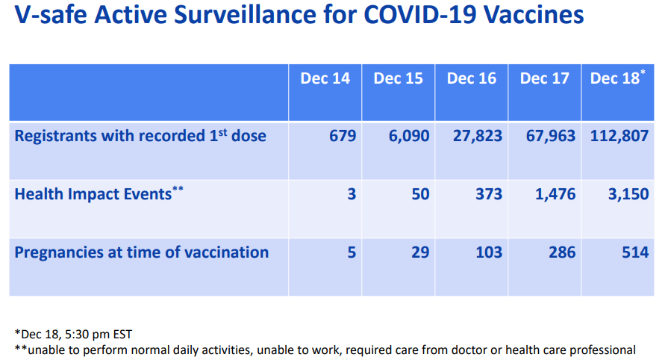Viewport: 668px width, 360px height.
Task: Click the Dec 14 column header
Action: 325,78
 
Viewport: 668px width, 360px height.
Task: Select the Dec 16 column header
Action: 471,78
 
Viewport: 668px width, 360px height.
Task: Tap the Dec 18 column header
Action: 615,78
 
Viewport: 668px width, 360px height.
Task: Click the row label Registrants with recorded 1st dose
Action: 140,136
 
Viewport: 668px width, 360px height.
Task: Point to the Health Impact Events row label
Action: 99,194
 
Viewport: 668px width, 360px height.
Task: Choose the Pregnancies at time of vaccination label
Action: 142,252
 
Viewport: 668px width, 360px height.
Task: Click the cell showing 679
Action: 342,136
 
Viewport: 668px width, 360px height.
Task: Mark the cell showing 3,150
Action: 625,194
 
